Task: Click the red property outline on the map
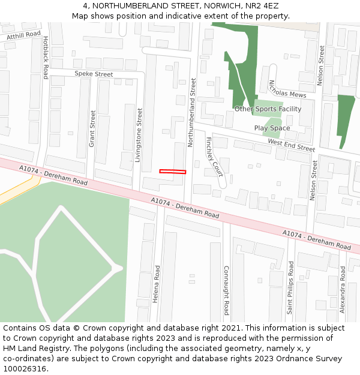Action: click(x=172, y=172)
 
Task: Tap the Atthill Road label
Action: click(x=23, y=36)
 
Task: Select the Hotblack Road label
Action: click(x=46, y=58)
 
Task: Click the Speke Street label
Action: click(x=94, y=74)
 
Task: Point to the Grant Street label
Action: click(x=92, y=128)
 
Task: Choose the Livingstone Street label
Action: click(x=139, y=135)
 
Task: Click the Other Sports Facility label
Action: click(x=268, y=109)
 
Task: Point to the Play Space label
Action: click(x=272, y=128)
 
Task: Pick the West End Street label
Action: click(x=291, y=145)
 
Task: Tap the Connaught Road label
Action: click(x=226, y=290)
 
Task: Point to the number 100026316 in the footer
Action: click(x=24, y=368)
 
